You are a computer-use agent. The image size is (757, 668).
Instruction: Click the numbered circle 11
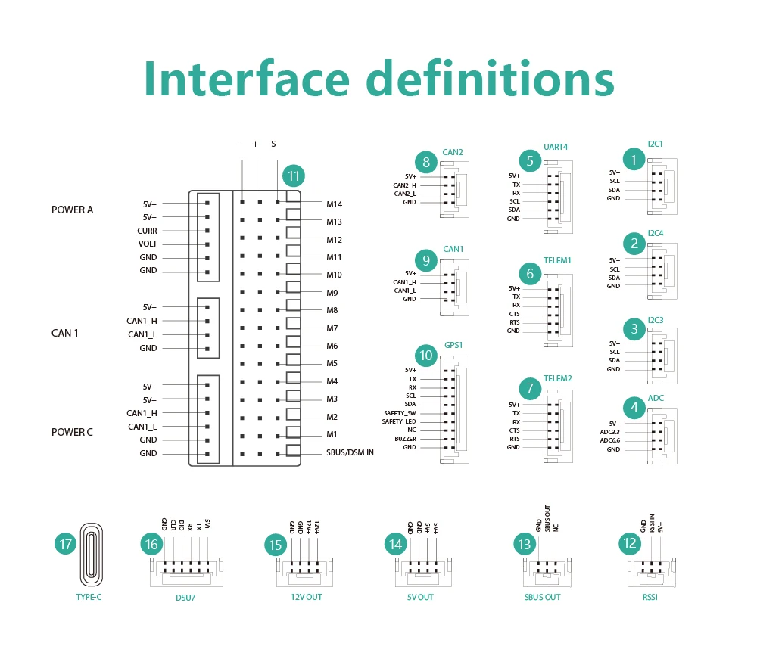(x=294, y=177)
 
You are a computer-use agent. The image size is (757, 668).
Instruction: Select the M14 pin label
(x=335, y=204)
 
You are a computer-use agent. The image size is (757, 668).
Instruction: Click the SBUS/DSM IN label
(x=349, y=452)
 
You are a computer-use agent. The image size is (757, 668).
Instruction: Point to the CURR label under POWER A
(x=147, y=231)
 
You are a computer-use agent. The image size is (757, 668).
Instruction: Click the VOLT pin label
(x=148, y=244)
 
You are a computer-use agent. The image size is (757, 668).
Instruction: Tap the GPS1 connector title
(x=453, y=345)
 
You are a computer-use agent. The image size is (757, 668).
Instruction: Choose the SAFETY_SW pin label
(x=400, y=413)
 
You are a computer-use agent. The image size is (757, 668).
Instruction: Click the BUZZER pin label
(x=405, y=439)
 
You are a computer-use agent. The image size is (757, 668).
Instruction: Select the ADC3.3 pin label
(x=609, y=432)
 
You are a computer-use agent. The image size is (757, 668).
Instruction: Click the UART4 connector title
(x=555, y=147)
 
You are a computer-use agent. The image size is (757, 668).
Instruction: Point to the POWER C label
(x=72, y=432)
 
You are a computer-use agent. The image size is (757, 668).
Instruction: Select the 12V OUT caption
(x=307, y=598)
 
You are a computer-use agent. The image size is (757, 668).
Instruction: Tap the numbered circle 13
(x=523, y=544)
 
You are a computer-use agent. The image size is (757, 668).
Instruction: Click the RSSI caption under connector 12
(x=650, y=598)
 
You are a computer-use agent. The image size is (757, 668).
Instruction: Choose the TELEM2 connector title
(x=557, y=378)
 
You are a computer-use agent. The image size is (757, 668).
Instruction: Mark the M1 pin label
(x=332, y=434)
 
